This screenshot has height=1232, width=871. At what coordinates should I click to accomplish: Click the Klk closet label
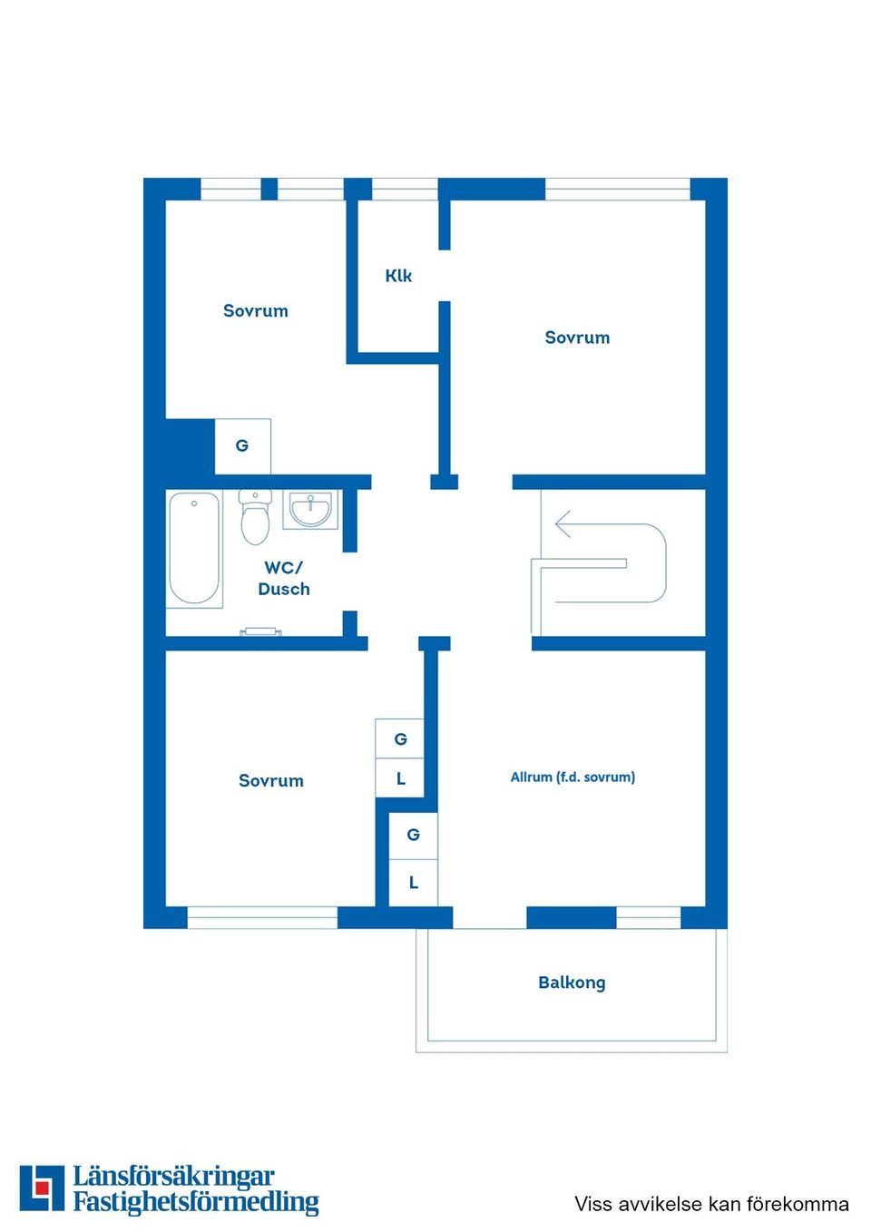(x=398, y=276)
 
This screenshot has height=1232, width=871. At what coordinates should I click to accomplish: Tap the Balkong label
(x=572, y=983)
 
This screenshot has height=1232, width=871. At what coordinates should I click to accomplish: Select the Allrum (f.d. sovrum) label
(x=573, y=777)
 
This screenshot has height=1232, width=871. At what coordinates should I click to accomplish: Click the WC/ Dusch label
(x=284, y=578)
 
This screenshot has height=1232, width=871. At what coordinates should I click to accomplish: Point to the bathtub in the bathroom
(x=194, y=548)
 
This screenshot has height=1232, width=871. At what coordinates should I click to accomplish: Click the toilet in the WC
(x=255, y=518)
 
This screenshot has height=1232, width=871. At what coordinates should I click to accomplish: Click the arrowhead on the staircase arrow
(x=563, y=524)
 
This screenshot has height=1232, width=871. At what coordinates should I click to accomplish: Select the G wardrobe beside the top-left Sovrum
(x=242, y=446)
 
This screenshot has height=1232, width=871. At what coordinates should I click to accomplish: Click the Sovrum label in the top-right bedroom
(x=577, y=337)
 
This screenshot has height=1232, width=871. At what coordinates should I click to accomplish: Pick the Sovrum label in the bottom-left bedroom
(x=271, y=781)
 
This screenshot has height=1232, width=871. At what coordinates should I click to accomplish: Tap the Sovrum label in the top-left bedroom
(x=256, y=311)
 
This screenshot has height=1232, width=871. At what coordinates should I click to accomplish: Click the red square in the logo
(x=42, y=1188)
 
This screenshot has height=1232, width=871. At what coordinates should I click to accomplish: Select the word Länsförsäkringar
(x=173, y=1177)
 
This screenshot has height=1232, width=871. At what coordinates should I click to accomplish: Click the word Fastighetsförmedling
(x=196, y=1203)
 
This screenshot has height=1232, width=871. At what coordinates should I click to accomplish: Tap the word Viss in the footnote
(x=592, y=1204)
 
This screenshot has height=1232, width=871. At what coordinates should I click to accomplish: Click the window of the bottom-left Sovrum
(x=262, y=917)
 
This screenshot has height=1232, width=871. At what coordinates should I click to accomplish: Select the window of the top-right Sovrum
(x=617, y=190)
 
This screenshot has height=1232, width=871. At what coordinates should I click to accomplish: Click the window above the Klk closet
(x=405, y=190)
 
